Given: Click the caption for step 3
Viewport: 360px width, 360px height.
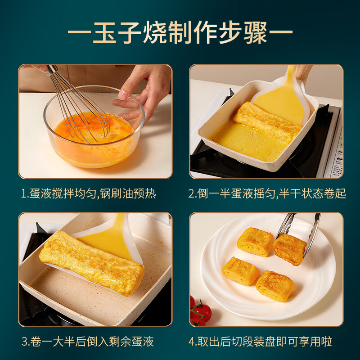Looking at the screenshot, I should click(x=87, y=342).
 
